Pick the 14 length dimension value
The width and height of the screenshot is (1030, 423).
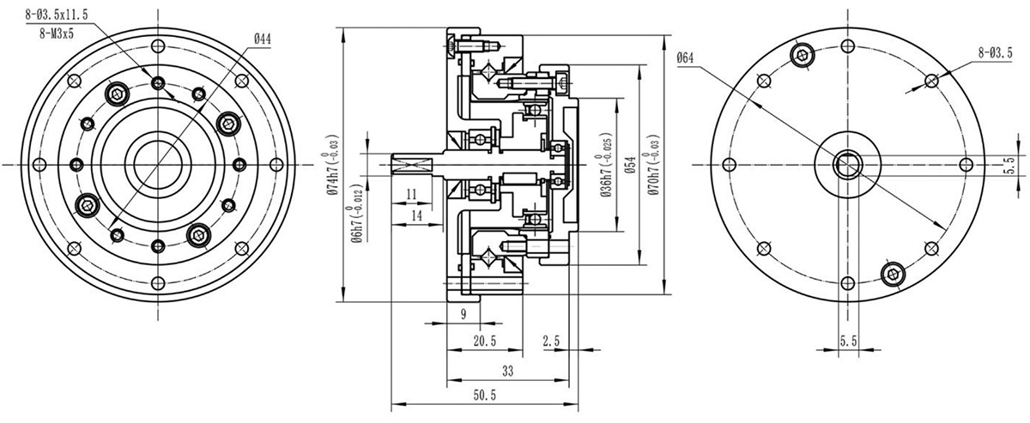415,215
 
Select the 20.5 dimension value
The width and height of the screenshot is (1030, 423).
485,341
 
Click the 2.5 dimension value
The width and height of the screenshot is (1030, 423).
552,341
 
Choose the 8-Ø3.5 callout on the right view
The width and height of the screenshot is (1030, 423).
994,52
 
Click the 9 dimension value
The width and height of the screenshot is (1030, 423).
463,314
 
